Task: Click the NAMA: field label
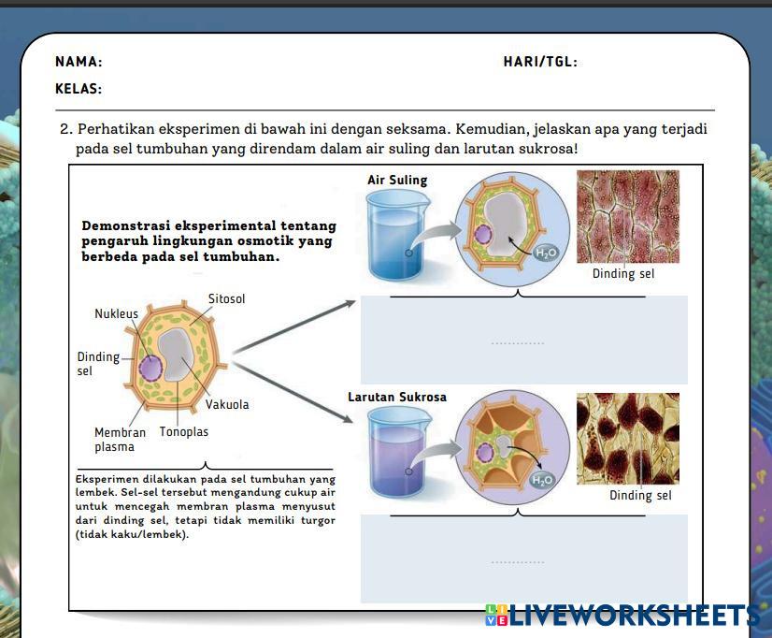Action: coord(79,62)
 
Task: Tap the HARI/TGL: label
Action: coord(540,62)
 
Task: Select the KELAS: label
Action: coord(79,90)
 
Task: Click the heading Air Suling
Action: coord(397,180)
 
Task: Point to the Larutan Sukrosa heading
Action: coord(397,397)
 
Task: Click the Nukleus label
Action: coord(116,314)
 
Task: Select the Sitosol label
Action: coord(226,299)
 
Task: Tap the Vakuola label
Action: coord(227,405)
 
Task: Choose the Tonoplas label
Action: coord(184,431)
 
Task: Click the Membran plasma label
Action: coord(120,439)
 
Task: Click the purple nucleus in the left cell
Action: coord(150,366)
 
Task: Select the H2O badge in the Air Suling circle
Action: coord(544,253)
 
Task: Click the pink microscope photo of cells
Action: coord(627,216)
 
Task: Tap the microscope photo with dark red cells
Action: coord(627,438)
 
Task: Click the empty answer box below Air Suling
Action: coord(523,340)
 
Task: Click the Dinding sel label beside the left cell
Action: coord(97,363)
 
